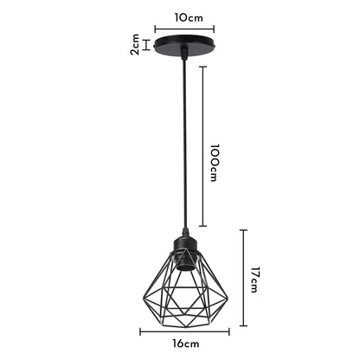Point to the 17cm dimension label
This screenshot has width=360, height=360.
(255, 280)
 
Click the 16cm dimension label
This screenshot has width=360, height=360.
(180, 344)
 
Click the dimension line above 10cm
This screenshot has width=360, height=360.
(179, 28)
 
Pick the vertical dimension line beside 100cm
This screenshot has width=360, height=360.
(203, 147)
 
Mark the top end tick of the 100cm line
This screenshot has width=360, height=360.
(203, 67)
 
